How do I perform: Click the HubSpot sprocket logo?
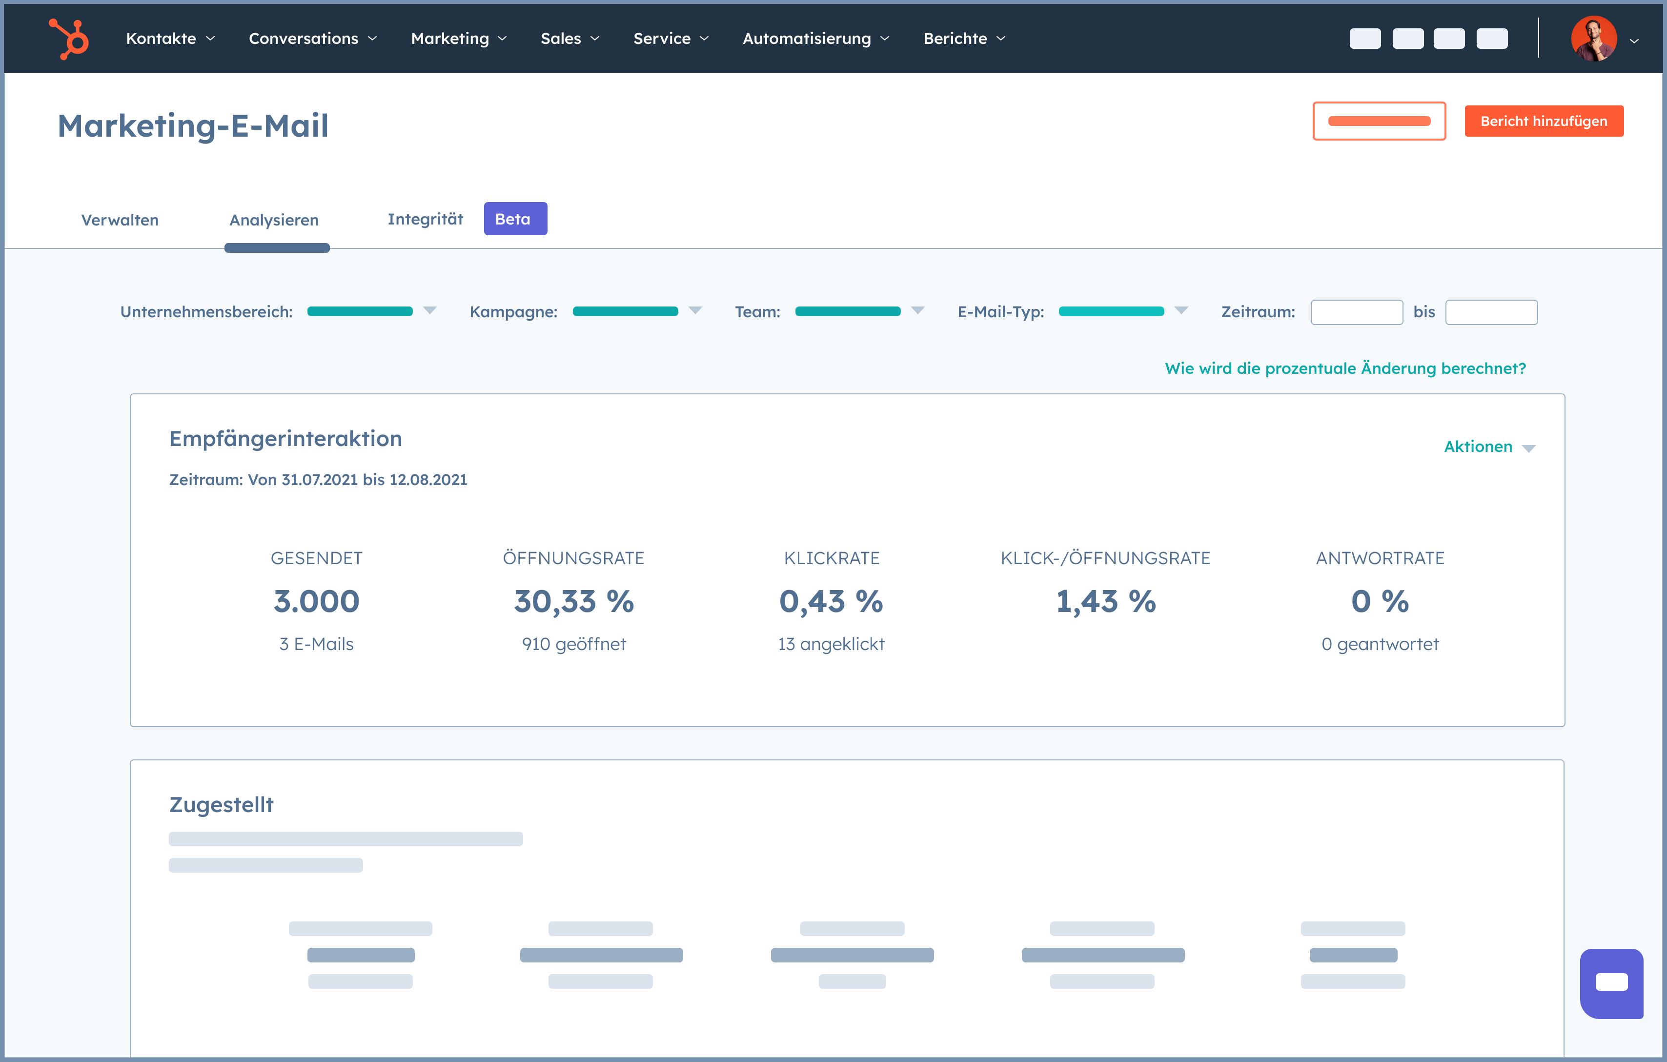[69, 39]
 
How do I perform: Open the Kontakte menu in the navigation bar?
[170, 39]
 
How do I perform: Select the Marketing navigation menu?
[458, 39]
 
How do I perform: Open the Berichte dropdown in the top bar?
[964, 39]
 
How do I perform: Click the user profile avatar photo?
[1594, 39]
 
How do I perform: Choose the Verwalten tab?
[120, 220]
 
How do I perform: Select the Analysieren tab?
[274, 220]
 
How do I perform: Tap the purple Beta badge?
[515, 219]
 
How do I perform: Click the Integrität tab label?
[425, 219]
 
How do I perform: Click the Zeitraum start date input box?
[1356, 312]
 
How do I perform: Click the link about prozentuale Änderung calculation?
[1345, 368]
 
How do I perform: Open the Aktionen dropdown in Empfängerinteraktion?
[1489, 447]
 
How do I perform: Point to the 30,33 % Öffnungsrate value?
[574, 601]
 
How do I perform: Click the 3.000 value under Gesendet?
[316, 601]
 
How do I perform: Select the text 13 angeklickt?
[831, 644]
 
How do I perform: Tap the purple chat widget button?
[1611, 983]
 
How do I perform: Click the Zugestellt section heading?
[222, 804]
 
